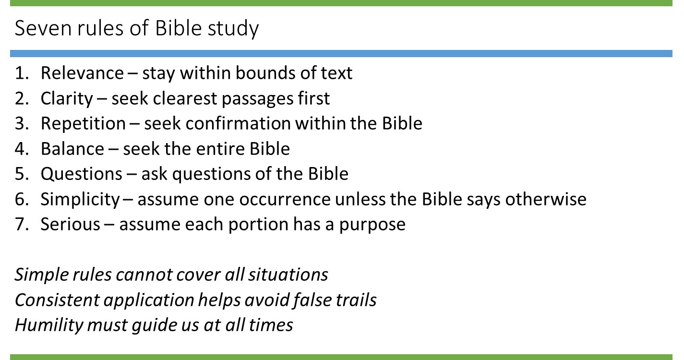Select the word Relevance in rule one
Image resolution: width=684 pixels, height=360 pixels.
[82, 73]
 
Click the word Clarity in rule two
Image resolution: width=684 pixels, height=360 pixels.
[67, 99]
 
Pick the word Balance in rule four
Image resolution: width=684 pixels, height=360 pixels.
[72, 149]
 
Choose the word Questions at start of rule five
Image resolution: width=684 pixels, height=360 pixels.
[82, 174]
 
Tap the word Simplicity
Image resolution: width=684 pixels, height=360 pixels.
[80, 200]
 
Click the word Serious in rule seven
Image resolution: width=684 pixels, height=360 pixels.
[70, 225]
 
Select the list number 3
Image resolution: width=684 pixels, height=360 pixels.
[22, 124]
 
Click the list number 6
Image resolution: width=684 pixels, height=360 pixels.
[22, 199]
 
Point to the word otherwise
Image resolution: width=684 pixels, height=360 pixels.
[546, 199]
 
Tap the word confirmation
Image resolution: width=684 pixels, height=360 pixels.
[238, 124]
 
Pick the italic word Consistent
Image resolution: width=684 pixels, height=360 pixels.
[57, 300]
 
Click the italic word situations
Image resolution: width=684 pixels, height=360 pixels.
[288, 275]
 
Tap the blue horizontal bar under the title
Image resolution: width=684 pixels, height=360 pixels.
[341, 53]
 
